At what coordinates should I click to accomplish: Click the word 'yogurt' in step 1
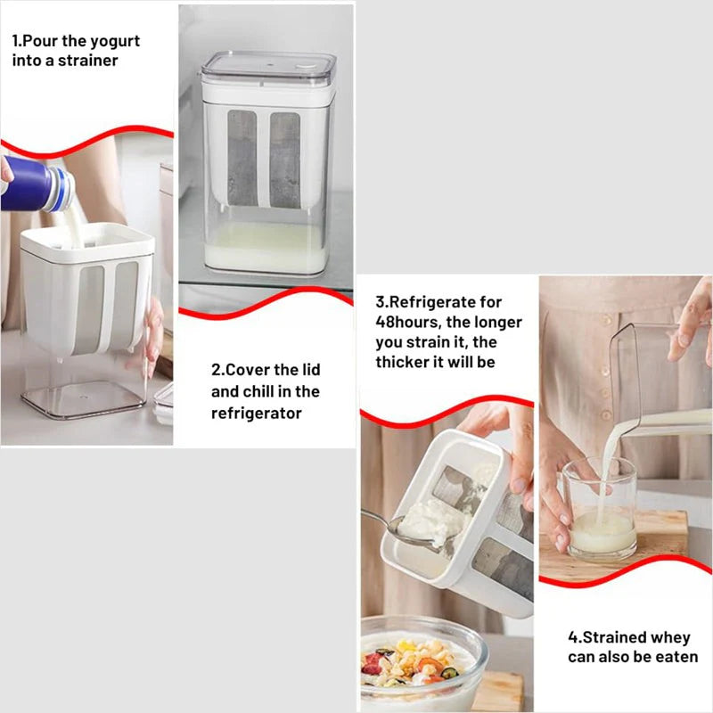(x=115, y=41)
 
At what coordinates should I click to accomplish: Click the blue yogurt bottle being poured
(x=36, y=184)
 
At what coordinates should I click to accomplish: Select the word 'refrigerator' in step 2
(x=256, y=414)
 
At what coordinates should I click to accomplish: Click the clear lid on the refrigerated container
(x=269, y=68)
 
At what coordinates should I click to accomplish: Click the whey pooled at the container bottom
(x=266, y=250)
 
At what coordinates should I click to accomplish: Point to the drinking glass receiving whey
(x=599, y=509)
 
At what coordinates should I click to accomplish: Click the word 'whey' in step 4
(x=670, y=637)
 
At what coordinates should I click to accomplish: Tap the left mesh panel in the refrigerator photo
(x=242, y=159)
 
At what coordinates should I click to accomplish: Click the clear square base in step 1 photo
(x=84, y=398)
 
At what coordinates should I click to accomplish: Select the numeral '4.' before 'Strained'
(x=575, y=637)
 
